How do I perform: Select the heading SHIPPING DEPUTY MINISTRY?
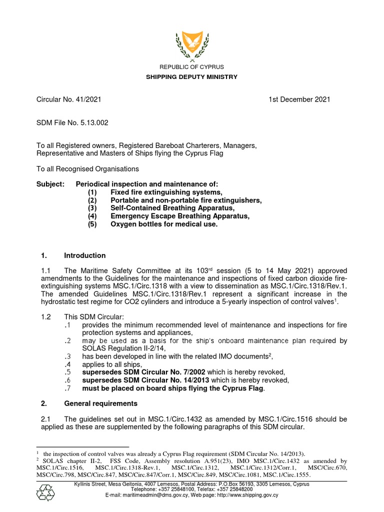coord(191,77)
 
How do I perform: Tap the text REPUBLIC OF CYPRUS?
coord(191,67)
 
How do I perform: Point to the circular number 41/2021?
coord(88,99)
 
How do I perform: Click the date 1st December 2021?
coord(299,99)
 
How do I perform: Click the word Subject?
coord(50,184)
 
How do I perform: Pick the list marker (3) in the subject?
coord(92,208)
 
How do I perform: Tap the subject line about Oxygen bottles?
coord(164,224)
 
